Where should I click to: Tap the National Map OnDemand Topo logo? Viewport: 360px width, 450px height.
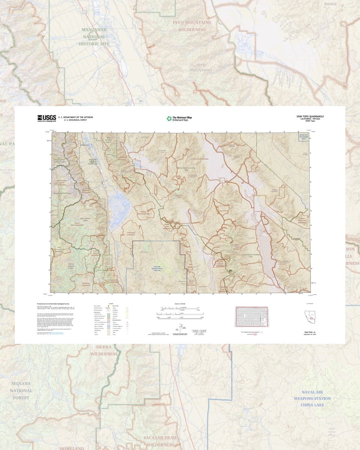(x=179, y=118)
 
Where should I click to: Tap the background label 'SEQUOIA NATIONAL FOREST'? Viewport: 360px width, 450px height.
(x=21, y=390)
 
